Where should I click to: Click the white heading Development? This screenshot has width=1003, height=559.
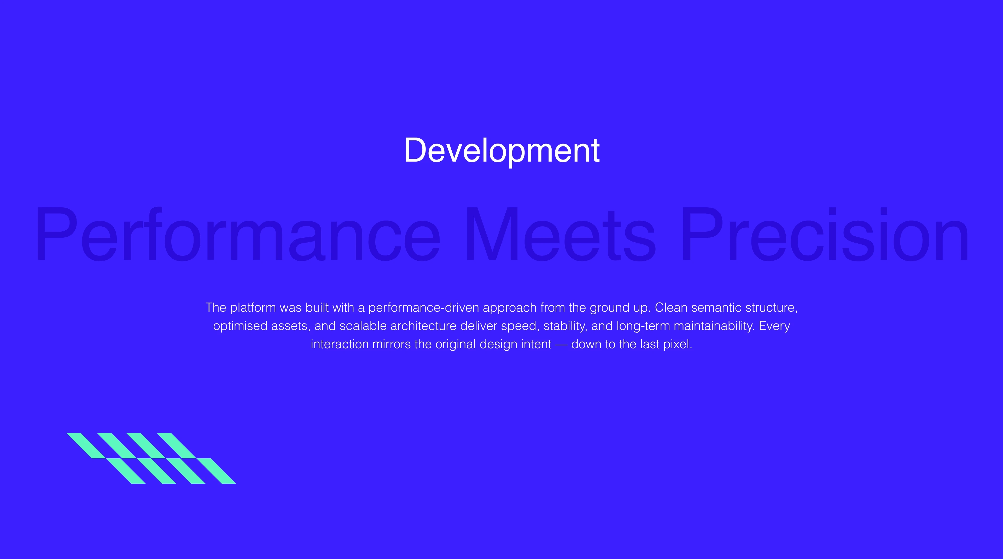click(x=502, y=151)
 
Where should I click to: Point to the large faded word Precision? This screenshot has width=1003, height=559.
click(x=825, y=234)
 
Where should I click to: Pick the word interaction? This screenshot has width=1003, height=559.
click(x=340, y=344)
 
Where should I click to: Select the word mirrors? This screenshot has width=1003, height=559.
click(x=391, y=344)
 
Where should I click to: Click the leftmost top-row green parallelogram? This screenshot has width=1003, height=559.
click(x=86, y=446)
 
